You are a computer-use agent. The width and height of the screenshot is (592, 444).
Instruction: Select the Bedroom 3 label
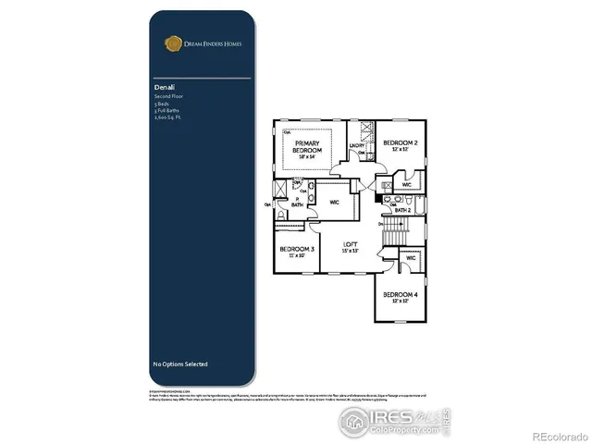tap(296, 250)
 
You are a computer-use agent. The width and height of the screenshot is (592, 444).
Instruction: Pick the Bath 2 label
tap(403, 211)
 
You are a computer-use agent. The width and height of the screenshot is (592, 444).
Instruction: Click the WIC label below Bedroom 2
tap(407, 184)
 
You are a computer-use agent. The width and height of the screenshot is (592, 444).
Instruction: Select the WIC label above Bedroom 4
tap(411, 258)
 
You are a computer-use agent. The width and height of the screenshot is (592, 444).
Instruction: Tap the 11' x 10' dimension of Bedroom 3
tap(296, 256)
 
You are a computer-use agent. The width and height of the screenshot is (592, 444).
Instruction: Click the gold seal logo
tap(171, 42)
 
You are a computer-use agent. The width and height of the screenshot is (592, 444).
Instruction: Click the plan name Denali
tap(163, 87)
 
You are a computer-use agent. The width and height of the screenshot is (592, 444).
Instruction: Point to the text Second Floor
tap(167, 96)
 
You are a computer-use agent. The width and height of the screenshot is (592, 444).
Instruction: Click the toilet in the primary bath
tap(281, 215)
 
